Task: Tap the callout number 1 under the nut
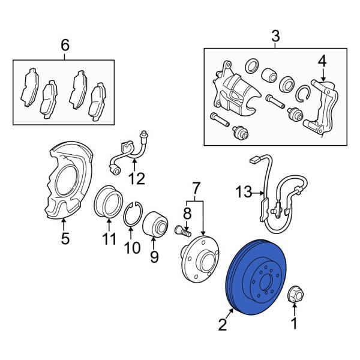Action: (x=294, y=325)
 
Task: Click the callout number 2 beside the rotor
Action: (x=223, y=326)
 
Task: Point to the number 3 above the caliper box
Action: (x=275, y=37)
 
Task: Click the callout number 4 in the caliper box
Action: (x=322, y=61)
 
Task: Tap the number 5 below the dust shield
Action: (x=65, y=239)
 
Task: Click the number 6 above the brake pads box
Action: (x=65, y=45)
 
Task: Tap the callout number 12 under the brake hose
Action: (x=137, y=178)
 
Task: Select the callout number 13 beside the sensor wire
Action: (x=243, y=193)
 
